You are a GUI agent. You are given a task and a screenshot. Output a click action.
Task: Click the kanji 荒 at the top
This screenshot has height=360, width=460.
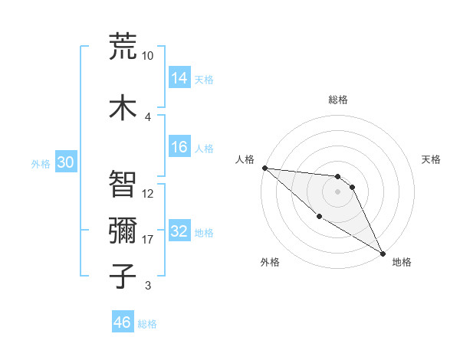[x=123, y=46]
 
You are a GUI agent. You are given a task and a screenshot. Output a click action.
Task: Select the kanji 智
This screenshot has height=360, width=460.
[x=123, y=184]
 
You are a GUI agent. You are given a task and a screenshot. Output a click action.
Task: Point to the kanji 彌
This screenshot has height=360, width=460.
[x=123, y=230]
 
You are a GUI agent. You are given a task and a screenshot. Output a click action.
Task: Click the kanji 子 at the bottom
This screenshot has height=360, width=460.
[x=123, y=275]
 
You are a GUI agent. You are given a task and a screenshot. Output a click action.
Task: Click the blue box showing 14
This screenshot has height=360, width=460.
[x=179, y=79]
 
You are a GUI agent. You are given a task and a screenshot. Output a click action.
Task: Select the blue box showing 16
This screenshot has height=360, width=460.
[x=179, y=148]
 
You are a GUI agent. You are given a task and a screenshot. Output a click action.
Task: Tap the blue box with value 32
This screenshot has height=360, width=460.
[x=179, y=232]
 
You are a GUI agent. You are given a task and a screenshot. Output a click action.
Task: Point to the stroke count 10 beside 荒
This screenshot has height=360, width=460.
[x=148, y=56]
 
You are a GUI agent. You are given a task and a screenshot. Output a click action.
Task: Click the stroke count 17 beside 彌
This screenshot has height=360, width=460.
[x=148, y=240]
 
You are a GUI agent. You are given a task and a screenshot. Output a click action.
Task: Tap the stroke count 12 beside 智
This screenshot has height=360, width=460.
[x=148, y=194]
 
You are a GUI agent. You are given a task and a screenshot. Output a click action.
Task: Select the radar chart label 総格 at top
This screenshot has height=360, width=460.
[x=338, y=100]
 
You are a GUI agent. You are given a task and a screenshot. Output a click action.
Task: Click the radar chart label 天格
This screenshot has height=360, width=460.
[x=431, y=159]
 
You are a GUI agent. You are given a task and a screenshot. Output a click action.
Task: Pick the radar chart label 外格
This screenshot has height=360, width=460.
[x=270, y=262]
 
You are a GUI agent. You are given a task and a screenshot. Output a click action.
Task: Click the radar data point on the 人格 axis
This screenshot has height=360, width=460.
[x=264, y=168]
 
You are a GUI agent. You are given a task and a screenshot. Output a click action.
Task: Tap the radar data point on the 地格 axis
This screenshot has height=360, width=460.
[x=383, y=253]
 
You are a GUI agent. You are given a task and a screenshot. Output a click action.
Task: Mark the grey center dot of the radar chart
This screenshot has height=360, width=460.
[x=338, y=191]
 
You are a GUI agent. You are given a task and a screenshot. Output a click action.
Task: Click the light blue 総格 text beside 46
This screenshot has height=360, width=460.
[x=148, y=324]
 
